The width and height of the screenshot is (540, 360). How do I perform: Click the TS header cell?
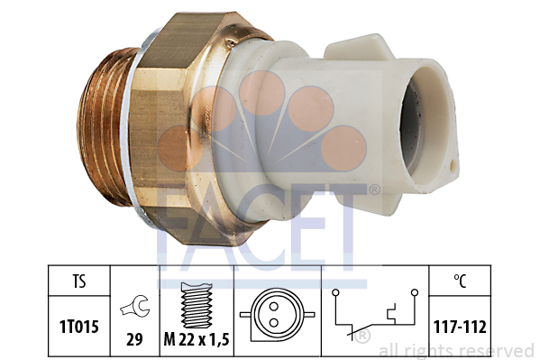click(x=78, y=281)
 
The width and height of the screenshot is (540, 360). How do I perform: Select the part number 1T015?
click(x=79, y=327)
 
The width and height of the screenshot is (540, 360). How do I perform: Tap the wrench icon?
click(x=135, y=306)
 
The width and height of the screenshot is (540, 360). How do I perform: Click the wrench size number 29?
click(x=134, y=339)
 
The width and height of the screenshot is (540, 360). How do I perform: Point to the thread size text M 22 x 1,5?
click(x=197, y=340)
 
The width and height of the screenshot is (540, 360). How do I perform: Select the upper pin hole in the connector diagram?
click(x=273, y=306)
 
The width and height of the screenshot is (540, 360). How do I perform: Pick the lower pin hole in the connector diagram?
click(x=273, y=323)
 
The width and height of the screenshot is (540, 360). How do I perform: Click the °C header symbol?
click(x=460, y=282)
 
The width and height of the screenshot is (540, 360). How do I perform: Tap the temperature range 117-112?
click(x=460, y=327)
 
